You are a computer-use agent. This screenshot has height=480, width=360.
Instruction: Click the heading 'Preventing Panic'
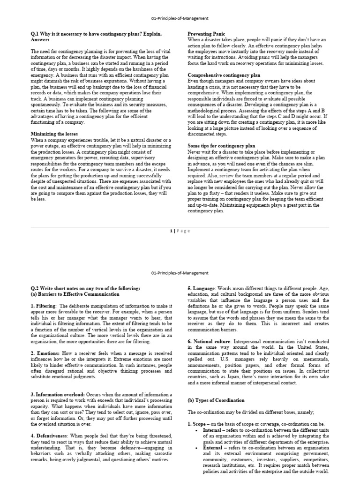(206, 34)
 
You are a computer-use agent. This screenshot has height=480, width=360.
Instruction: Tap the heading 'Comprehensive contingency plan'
(221, 75)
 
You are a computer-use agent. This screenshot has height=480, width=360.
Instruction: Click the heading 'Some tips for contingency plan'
(221, 146)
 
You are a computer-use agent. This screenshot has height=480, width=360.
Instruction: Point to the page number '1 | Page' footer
(180, 231)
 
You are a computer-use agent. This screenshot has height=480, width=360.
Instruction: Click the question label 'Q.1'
(36, 34)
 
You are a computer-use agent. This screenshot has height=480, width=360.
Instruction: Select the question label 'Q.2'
(36, 288)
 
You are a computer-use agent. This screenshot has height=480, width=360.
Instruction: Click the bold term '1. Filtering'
(43, 306)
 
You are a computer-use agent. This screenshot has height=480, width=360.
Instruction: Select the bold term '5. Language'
(202, 288)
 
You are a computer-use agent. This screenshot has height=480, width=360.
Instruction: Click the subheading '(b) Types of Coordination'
(216, 400)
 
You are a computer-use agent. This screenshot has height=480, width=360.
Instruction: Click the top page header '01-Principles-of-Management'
(180, 18)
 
